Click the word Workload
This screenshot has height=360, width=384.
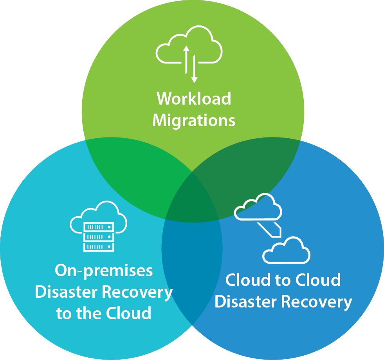[194, 99]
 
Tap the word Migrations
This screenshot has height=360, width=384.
[194, 120]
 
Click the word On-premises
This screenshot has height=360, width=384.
[104, 271]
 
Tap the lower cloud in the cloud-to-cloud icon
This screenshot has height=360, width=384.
[286, 251]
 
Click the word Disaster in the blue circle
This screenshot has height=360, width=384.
[245, 302]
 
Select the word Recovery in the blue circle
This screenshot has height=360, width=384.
[317, 302]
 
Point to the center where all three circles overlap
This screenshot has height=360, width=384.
[192, 200]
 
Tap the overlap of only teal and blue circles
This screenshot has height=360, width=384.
[192, 266]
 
